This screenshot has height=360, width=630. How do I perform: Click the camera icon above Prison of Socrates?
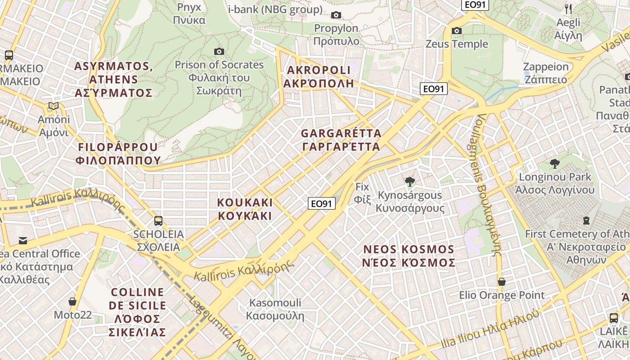pyautogui.click(x=219, y=52)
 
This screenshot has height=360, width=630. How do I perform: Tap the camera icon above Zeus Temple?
pyautogui.click(x=457, y=31)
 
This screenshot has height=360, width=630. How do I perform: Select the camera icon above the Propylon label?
pyautogui.click(x=336, y=15)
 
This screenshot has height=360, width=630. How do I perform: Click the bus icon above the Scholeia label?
pyautogui.click(x=158, y=221)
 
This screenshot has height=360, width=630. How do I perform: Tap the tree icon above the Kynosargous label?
pyautogui.click(x=409, y=182)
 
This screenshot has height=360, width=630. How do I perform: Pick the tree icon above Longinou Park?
pyautogui.click(x=554, y=163)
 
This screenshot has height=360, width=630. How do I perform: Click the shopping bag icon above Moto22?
pyautogui.click(x=72, y=301)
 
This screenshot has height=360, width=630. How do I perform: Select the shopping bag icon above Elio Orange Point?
pyautogui.click(x=501, y=282)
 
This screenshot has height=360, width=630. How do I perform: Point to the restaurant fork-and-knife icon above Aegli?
pyautogui.click(x=568, y=9)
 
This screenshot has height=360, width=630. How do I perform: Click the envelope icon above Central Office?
pyautogui.click(x=22, y=240)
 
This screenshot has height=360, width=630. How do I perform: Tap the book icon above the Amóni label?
pyautogui.click(x=54, y=106)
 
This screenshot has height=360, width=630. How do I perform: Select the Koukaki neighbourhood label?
pyautogui.click(x=245, y=209)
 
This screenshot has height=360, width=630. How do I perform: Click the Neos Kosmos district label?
pyautogui.click(x=409, y=256)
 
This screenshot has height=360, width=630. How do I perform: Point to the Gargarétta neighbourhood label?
pyautogui.click(x=341, y=140)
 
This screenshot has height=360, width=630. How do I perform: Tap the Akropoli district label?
pyautogui.click(x=318, y=77)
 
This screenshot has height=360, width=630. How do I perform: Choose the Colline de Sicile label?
pyautogui.click(x=137, y=312)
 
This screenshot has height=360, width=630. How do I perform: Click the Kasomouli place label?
pyautogui.click(x=275, y=309)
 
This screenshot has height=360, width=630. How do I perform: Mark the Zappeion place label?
pyautogui.click(x=546, y=73)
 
